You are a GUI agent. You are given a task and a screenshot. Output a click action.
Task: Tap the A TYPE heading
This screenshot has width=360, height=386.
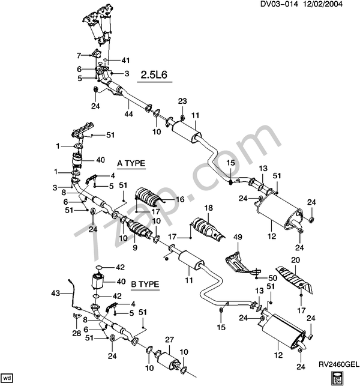(131, 163)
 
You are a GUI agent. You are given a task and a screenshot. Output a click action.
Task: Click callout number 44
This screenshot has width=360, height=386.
(128, 113)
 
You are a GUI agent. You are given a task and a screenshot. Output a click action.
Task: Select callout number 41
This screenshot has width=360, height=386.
(125, 60)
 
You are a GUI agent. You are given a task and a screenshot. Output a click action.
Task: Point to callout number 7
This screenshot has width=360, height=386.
(78, 56)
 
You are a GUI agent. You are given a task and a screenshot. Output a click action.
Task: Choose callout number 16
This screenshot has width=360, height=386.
(179, 199)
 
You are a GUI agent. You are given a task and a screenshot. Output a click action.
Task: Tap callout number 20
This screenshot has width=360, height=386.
(295, 260)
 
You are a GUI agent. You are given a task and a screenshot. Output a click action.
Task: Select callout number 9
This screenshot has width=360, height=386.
(134, 247)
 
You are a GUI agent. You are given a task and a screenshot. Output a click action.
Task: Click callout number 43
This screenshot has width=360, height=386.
(56, 294)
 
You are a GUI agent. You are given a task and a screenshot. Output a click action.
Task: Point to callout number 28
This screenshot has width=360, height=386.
(77, 332)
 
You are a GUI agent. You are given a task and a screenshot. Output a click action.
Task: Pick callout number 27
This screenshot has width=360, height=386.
(169, 340)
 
